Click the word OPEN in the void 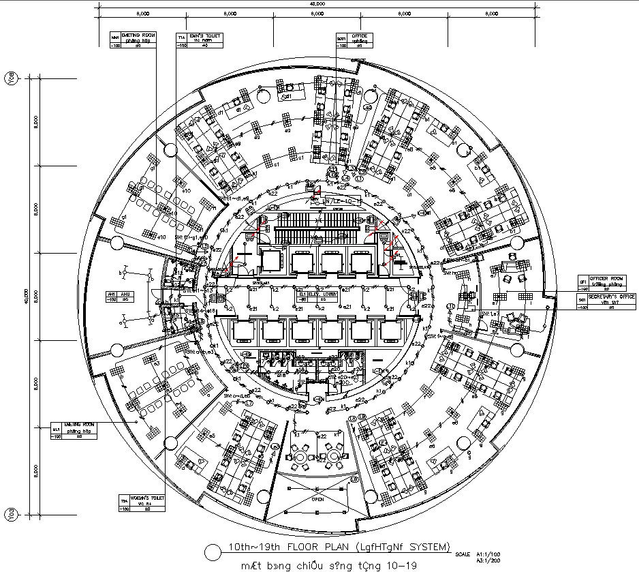tap(318, 498)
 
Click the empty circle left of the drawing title tap(214, 551)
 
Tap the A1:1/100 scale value tap(487, 554)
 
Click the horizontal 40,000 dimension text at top tap(317, 4)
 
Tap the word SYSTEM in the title tap(428, 547)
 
